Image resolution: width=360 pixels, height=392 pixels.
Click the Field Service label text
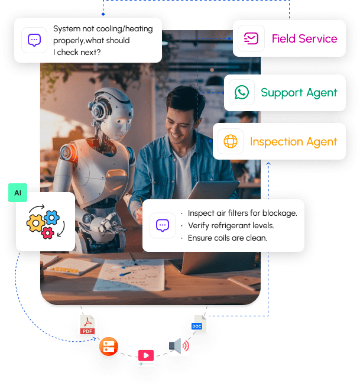(x=304, y=39)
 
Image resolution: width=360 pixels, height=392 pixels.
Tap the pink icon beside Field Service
(x=251, y=39)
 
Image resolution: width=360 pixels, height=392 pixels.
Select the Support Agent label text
(x=299, y=93)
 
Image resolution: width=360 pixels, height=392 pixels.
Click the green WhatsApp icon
(x=241, y=92)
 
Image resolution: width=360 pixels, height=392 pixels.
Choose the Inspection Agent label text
(x=294, y=142)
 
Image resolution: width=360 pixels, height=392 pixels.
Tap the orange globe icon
(x=231, y=142)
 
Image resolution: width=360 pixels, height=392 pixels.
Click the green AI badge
(x=17, y=193)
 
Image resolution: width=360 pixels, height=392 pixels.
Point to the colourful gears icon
(x=44, y=222)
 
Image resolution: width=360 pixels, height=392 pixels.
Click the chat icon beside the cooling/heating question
(x=34, y=40)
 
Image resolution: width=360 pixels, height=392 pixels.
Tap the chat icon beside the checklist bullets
(x=163, y=225)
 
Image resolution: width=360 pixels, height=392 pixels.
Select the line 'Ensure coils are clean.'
(x=228, y=238)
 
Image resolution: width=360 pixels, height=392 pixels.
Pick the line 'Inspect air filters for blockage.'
(x=242, y=213)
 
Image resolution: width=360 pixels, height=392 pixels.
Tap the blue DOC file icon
(x=198, y=323)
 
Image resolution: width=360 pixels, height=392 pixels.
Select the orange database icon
(x=109, y=346)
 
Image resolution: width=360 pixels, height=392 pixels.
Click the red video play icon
(x=146, y=357)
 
